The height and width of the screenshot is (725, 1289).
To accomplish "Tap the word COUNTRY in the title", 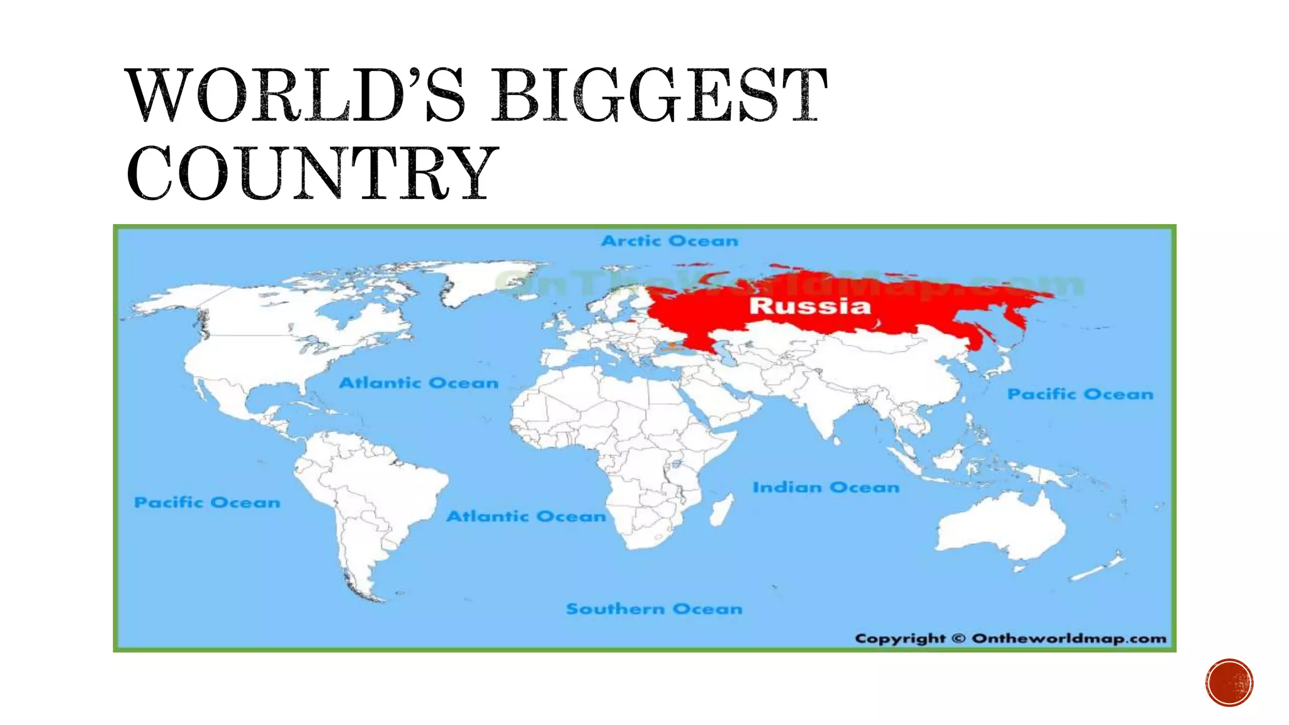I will coord(312,172).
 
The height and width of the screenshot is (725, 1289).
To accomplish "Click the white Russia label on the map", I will coord(810,306).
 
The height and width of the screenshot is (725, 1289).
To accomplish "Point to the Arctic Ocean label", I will coord(670,240).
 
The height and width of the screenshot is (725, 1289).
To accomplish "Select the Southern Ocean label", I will coord(654,609).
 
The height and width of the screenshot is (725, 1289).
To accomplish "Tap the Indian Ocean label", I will coord(826,487).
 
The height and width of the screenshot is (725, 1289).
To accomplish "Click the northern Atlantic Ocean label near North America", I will coord(419,383).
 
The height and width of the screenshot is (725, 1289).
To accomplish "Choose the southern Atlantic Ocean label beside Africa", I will coord(526,516).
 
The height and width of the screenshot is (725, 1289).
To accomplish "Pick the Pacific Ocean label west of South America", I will coord(207,502).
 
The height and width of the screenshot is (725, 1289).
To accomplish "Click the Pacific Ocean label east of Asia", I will coord(1080,394).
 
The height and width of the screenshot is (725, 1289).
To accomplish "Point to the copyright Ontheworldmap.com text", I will coord(1010,638).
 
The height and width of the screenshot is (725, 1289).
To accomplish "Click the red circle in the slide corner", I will coord(1229,683).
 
